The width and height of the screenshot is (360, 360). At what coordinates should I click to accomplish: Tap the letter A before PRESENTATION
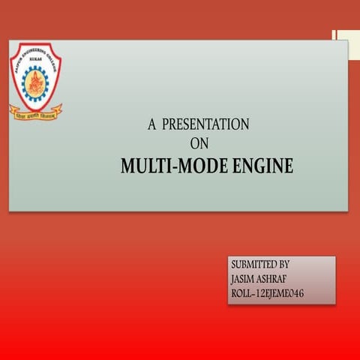coord(151,124)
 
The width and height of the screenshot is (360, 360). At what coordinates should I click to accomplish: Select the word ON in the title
coord(199,143)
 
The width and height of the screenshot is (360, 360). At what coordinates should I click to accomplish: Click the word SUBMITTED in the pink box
coord(253,265)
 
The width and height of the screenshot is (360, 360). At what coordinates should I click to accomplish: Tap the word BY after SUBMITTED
coord(283,265)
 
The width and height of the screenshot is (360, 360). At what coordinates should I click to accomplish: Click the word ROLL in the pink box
coord(244,292)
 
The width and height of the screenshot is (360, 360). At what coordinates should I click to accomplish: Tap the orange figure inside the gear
coord(35,81)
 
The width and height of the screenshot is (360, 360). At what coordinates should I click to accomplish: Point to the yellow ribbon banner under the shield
coord(35,114)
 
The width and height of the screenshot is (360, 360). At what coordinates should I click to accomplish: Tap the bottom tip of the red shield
coord(35,109)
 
